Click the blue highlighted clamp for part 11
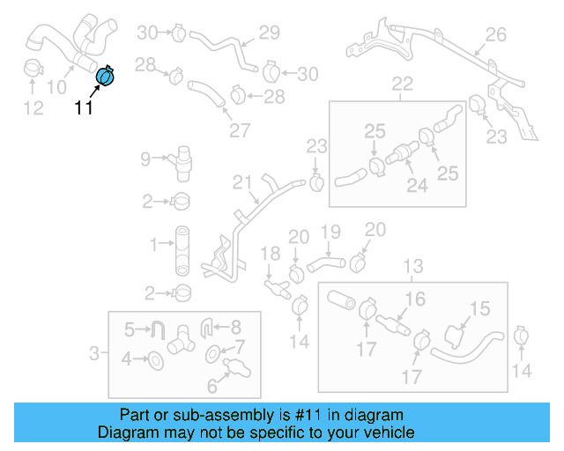[x=105, y=78]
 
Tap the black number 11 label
[x=83, y=108]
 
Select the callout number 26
[x=496, y=34]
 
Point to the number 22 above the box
[x=402, y=85]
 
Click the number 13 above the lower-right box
[x=412, y=266]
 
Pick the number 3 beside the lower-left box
[x=94, y=354]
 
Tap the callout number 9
[x=145, y=159]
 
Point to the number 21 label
[x=242, y=182]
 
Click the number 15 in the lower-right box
[x=479, y=308]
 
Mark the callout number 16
[x=415, y=299]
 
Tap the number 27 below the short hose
[x=240, y=130]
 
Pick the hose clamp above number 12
[x=33, y=68]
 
